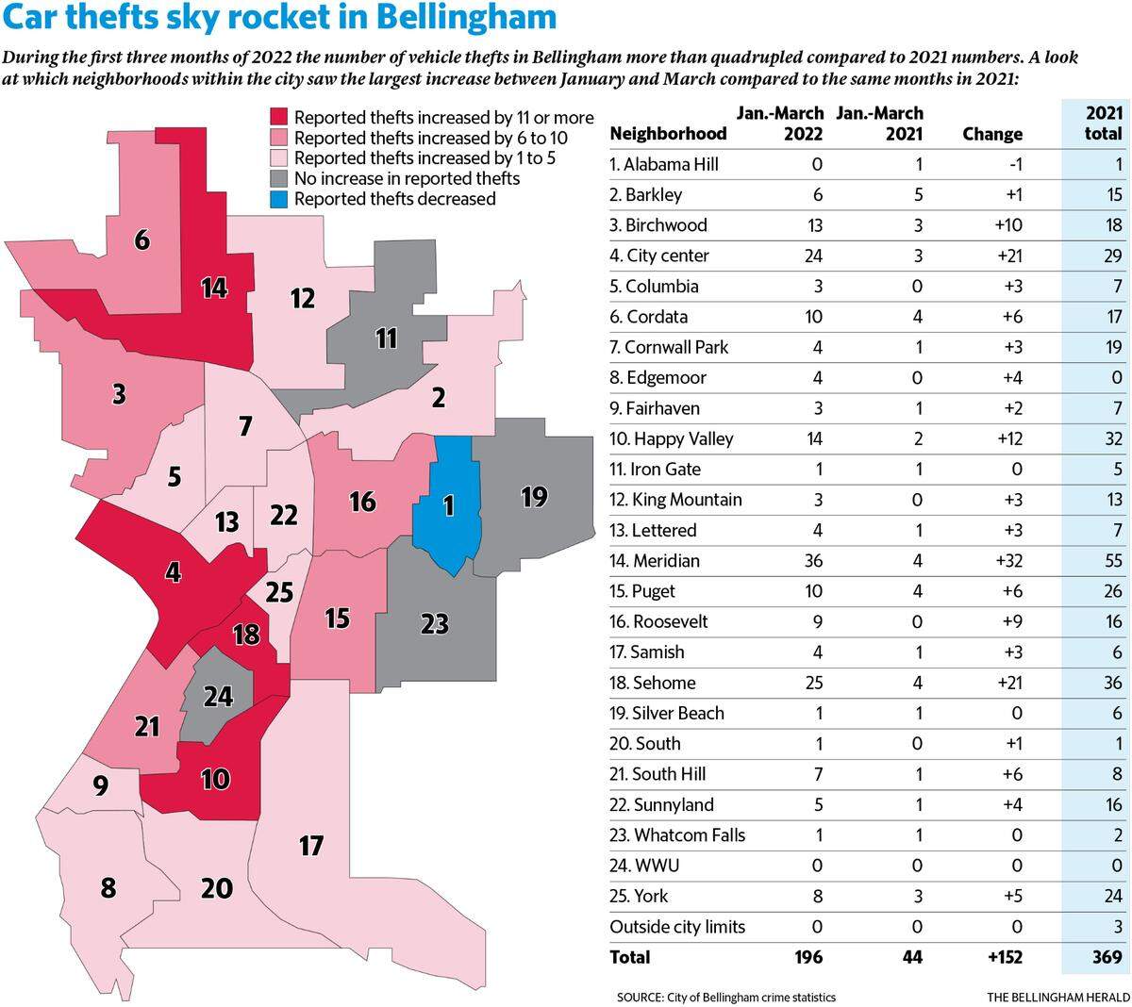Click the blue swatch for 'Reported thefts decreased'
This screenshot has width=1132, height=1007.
(279, 199)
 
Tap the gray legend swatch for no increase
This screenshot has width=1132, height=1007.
(279, 179)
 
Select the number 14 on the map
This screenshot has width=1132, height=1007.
(214, 289)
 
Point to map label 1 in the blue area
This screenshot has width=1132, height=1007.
(449, 506)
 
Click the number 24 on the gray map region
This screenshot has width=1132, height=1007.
(218, 697)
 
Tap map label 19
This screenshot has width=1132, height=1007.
(534, 497)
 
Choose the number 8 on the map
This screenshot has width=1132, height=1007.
(108, 887)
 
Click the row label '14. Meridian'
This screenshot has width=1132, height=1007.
(655, 560)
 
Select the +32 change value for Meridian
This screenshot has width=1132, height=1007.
(1009, 560)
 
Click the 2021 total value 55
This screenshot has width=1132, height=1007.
(1113, 560)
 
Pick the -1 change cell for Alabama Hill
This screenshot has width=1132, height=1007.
(1016, 164)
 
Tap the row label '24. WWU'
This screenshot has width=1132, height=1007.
(644, 866)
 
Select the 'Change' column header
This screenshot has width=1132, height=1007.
(992, 134)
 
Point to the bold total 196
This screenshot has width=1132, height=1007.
(808, 957)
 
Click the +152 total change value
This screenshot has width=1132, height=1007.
(1006, 957)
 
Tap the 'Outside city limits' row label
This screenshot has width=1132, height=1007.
(677, 927)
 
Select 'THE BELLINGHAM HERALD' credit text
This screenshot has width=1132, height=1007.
(1058, 997)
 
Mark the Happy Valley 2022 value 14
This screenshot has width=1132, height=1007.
(814, 438)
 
